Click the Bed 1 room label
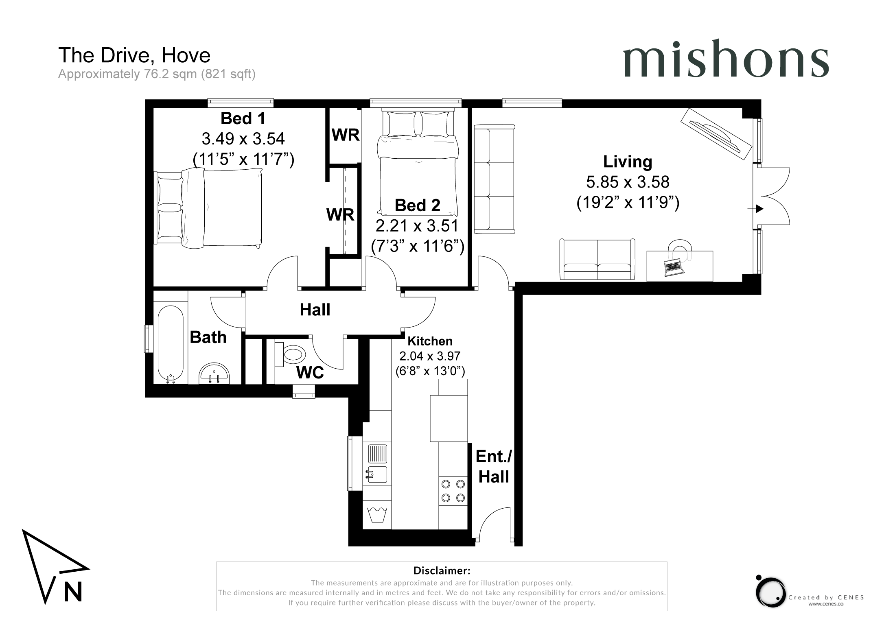[243, 118]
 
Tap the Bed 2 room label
[418, 205]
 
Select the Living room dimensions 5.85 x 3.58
[628, 182]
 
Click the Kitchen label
[430, 341]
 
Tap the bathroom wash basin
[214, 374]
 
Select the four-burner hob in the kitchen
[453, 491]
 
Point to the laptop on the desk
[674, 267]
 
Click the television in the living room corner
[716, 134]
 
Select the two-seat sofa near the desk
[597, 260]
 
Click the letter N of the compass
[73, 592]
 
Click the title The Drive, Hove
[134, 55]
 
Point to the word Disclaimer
[442, 570]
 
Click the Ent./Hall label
[494, 467]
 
